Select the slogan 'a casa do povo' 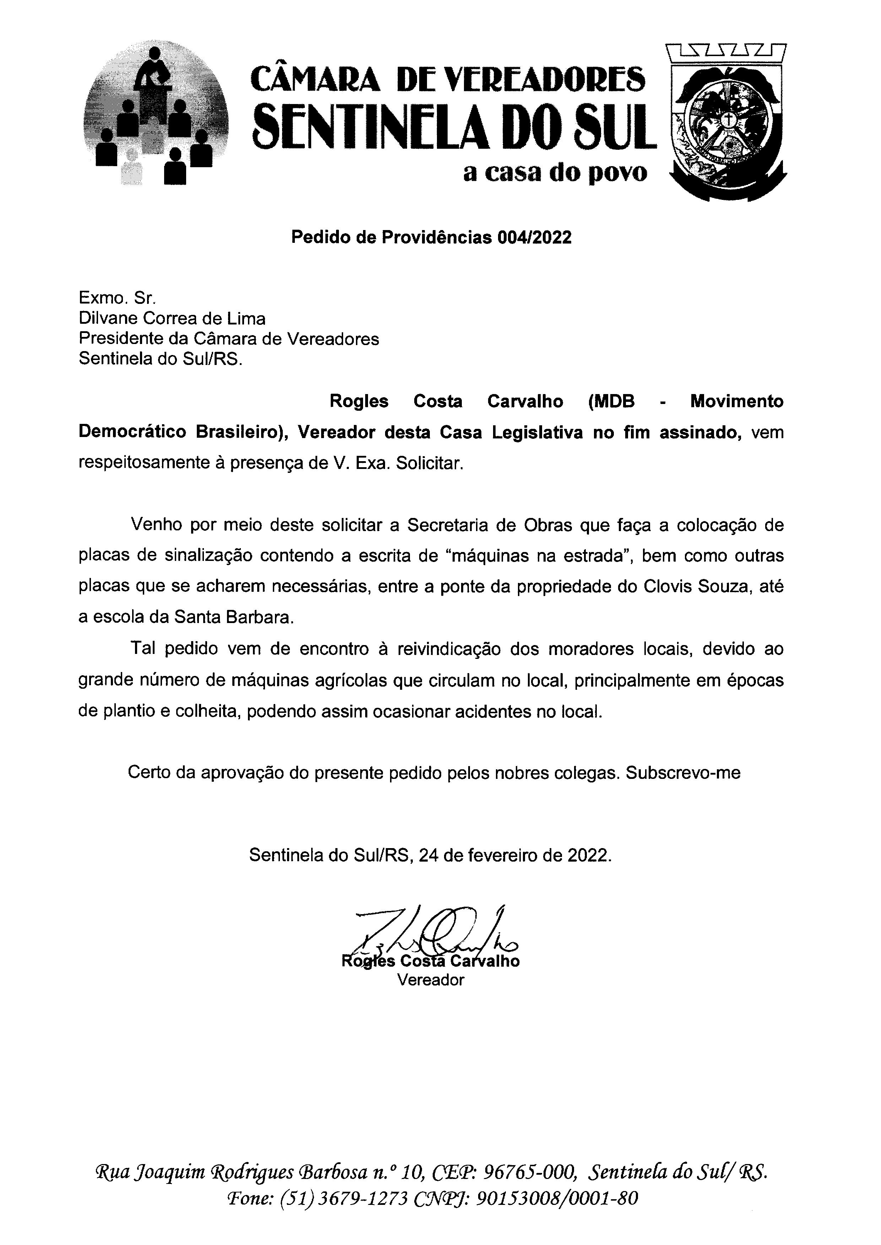[x=555, y=173]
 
